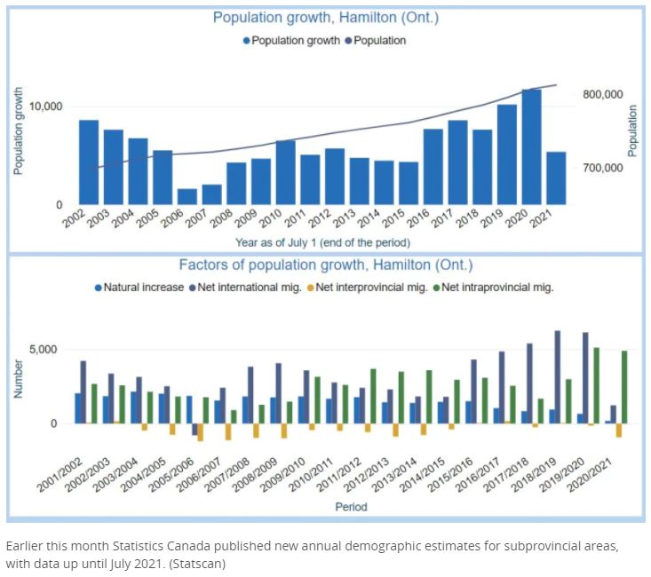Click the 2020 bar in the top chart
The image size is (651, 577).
tap(531, 146)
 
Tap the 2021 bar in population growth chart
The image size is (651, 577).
tap(556, 178)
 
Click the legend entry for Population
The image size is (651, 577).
tap(376, 41)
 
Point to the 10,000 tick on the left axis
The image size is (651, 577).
tap(45, 107)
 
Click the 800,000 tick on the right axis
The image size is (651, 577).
tap(602, 95)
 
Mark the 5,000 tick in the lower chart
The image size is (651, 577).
tap(43, 350)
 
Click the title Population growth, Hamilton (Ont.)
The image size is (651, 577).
tap(324, 18)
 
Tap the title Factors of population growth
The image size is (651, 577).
tap(326, 265)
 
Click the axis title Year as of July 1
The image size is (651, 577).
tap(322, 242)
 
